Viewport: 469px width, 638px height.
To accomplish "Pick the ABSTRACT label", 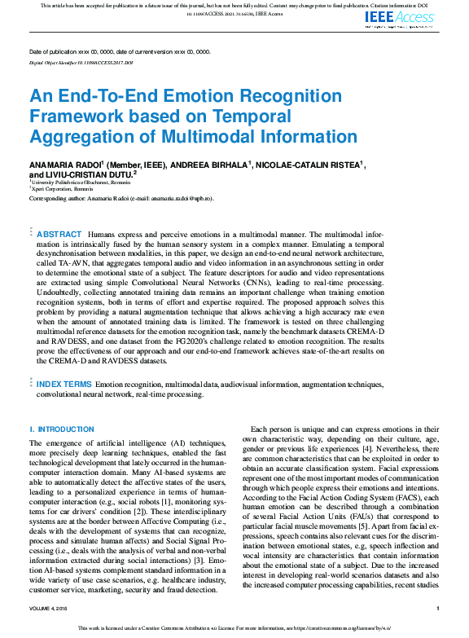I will (59, 234).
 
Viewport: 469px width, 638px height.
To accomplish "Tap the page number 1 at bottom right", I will (438, 609).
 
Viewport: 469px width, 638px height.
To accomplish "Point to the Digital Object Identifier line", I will (81, 62).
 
